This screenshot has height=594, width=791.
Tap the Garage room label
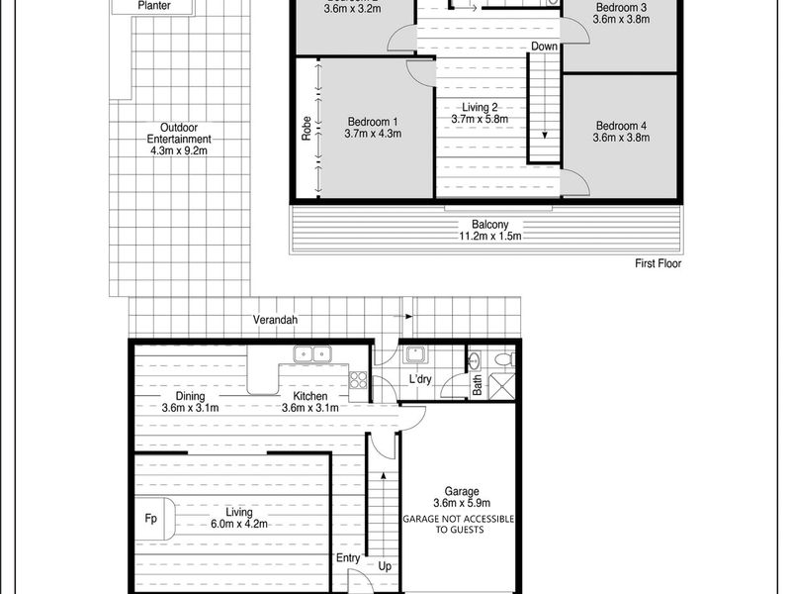[462, 491]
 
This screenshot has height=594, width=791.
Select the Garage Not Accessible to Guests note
[459, 524]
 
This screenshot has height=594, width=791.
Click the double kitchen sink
[312, 354]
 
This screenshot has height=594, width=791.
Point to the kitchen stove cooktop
[358, 380]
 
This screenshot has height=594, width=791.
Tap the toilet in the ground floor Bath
[504, 359]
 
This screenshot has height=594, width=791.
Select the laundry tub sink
[416, 354]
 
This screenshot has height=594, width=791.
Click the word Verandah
[275, 320]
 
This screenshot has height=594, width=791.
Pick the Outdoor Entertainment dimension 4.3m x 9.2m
[179, 150]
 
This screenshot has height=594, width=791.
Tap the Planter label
[154, 6]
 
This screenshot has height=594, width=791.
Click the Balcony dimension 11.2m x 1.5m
[489, 236]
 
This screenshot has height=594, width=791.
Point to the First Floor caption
[658, 263]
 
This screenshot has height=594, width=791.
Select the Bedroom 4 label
[621, 126]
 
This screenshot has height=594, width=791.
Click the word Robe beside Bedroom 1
[307, 129]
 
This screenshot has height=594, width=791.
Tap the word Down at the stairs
[545, 47]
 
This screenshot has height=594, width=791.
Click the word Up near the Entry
[385, 566]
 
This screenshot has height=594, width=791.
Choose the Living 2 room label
[480, 107]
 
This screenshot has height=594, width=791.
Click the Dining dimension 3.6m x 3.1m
[190, 408]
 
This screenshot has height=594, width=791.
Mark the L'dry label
[419, 379]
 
